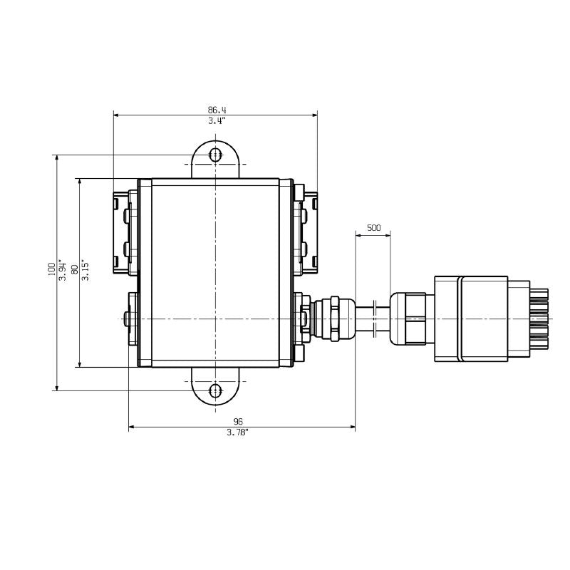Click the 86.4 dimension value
click(217, 110)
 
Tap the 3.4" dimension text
click(217, 120)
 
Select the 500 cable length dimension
click(373, 228)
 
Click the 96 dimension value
click(237, 421)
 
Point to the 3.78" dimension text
click(237, 432)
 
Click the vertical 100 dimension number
click(51, 269)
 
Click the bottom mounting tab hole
click(215, 390)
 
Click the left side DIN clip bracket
click(123, 231)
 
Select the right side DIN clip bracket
click(309, 231)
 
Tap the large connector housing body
click(481, 318)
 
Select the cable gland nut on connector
click(408, 318)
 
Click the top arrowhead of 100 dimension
click(56, 157)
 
